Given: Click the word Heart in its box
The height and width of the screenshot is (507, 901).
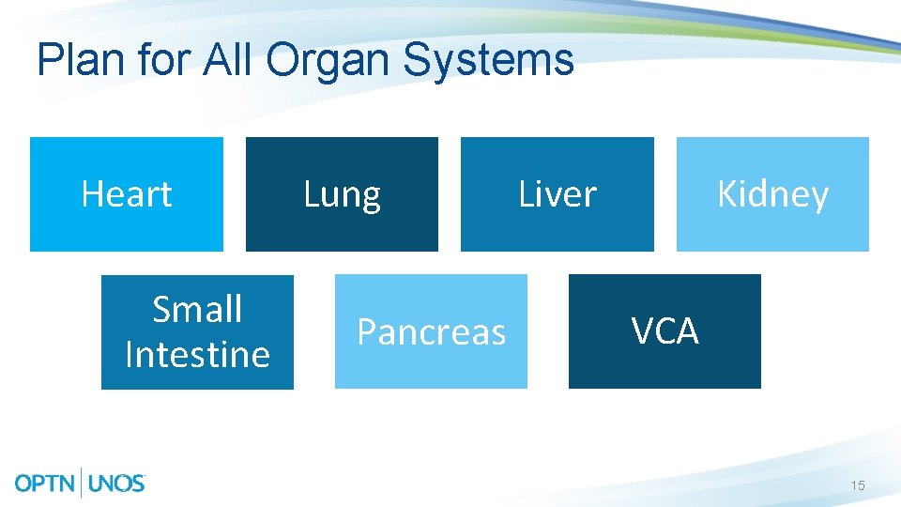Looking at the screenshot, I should pos(127,194).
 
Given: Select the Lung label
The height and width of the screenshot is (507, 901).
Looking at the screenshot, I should pos(342,195).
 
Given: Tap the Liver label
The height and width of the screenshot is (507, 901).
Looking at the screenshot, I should pos(557,194).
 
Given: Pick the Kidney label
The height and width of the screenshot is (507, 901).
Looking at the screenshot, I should pos(772,195).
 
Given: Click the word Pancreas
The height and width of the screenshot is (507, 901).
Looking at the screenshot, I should pos(431,332).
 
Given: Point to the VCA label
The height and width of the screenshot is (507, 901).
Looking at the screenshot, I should pos(664,331).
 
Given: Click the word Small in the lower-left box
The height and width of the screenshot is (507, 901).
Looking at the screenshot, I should pos(197,309).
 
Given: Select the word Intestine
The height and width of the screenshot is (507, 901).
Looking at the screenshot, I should pos(197,355).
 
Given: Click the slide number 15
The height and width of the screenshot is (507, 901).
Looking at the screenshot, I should pos(857,485).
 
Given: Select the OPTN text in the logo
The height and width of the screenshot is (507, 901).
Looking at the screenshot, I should pos(48,484).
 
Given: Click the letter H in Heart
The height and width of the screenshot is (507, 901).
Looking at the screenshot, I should pos(91,194).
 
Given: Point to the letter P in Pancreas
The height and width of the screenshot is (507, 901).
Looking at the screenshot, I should pos(367,332).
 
